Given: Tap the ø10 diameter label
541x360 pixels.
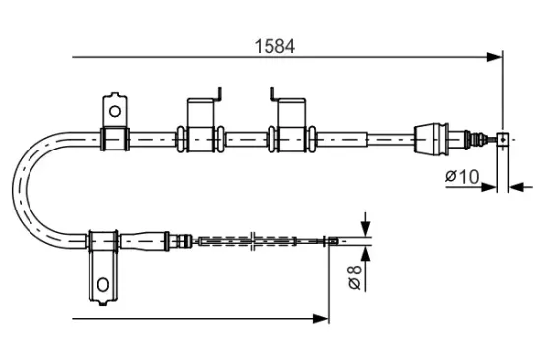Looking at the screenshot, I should click(461, 177).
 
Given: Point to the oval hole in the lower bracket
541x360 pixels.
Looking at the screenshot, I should click(103, 286).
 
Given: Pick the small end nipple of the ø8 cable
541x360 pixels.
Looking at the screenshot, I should click(335, 240).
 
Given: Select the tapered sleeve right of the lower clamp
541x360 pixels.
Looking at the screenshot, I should click(148, 239).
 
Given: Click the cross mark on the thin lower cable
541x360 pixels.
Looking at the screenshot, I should click(254, 240).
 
